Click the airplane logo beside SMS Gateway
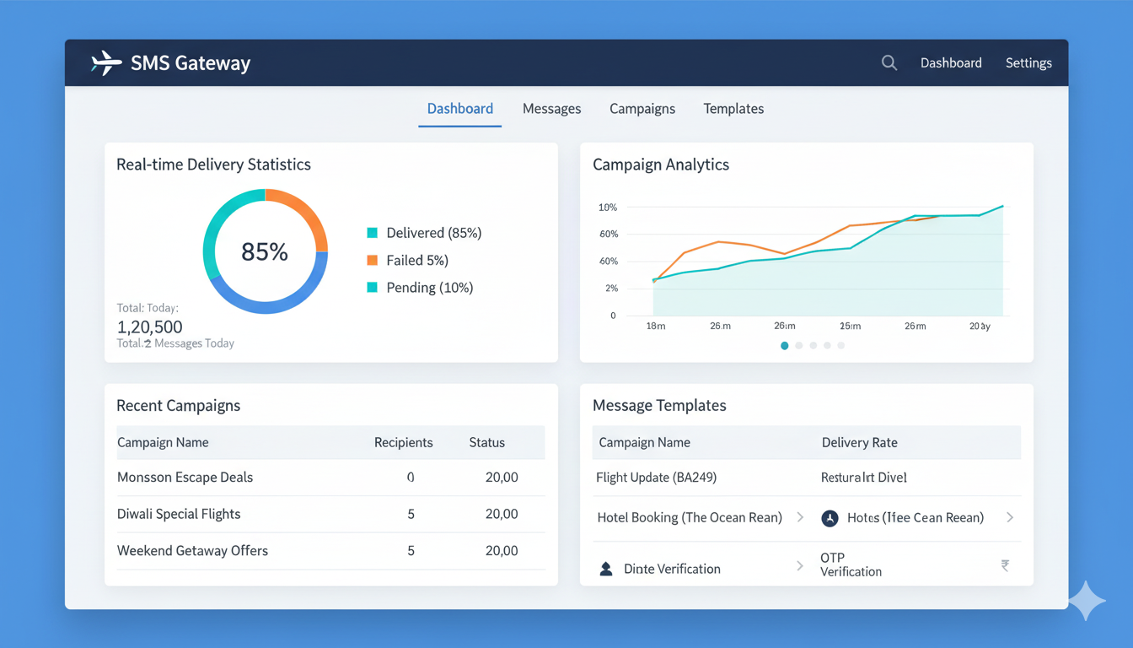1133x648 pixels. click(106, 63)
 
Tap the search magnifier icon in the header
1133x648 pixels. click(889, 62)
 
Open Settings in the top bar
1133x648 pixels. click(1028, 63)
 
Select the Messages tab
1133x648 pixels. click(551, 109)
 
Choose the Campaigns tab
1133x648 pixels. click(642, 109)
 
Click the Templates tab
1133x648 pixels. click(733, 109)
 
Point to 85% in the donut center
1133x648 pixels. click(265, 251)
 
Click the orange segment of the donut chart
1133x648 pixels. click(303, 212)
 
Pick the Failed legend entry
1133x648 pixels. click(416, 260)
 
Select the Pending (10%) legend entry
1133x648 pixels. click(429, 288)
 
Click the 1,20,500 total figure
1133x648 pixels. click(149, 327)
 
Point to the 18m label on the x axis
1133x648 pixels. click(655, 326)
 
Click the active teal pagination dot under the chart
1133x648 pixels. click(785, 345)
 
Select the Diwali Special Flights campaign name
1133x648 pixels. click(179, 514)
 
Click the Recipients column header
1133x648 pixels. click(403, 442)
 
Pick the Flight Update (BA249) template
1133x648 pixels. click(656, 478)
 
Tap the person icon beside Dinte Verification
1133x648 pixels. click(605, 569)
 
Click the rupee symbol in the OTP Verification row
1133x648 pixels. click(1005, 565)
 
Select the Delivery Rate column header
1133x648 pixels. click(859, 442)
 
